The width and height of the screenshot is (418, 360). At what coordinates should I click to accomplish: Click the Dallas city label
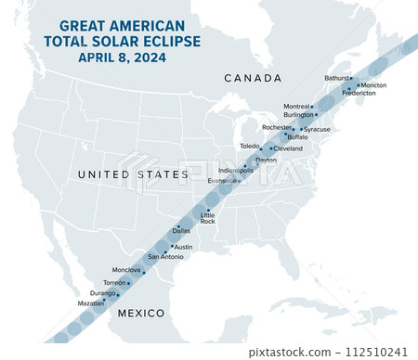[181, 231]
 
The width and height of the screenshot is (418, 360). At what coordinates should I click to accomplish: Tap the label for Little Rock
[208, 218]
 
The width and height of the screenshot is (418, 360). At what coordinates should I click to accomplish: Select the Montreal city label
[296, 107]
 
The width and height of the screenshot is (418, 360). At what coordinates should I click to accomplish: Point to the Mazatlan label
[89, 303]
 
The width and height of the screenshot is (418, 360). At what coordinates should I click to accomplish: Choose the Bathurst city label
[338, 78]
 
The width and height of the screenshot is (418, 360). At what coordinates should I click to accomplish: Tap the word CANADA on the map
[254, 78]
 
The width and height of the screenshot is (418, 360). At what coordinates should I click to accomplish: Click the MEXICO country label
[140, 315]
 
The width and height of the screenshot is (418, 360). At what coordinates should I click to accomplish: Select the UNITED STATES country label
[120, 174]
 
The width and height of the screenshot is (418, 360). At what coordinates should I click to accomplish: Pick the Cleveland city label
[288, 148]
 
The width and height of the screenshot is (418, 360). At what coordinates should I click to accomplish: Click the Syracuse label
[317, 129]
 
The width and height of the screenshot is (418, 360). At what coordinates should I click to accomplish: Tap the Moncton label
[373, 85]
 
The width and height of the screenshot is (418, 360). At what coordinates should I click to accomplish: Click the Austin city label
[184, 247]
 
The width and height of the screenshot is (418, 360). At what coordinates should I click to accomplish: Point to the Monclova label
[125, 270]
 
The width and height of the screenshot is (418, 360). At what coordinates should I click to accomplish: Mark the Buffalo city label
[297, 137]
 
